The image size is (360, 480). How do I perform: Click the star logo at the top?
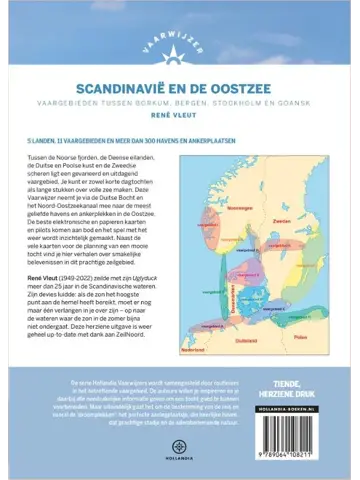click(x=179, y=42)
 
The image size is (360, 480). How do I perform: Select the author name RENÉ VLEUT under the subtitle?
click(x=179, y=114)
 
